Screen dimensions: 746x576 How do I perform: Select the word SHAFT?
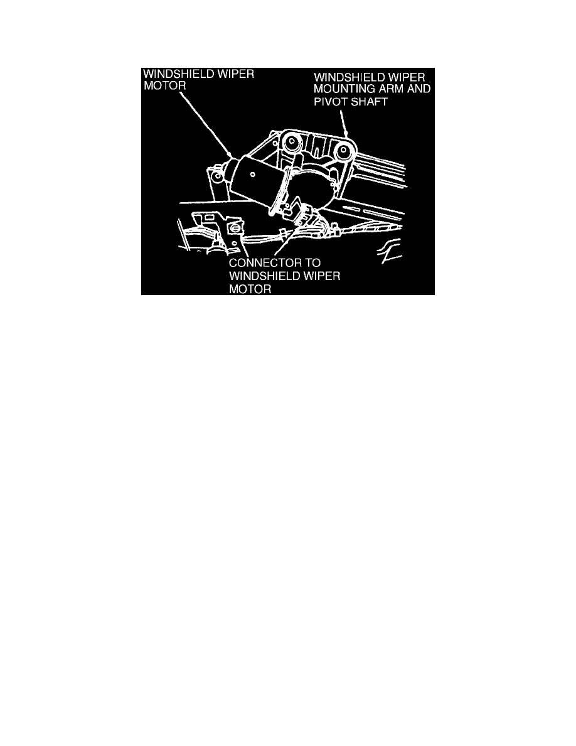coord(368,100)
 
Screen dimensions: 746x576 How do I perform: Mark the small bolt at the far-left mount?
coord(216,177)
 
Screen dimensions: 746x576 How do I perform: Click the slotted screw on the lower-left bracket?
coord(237,227)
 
